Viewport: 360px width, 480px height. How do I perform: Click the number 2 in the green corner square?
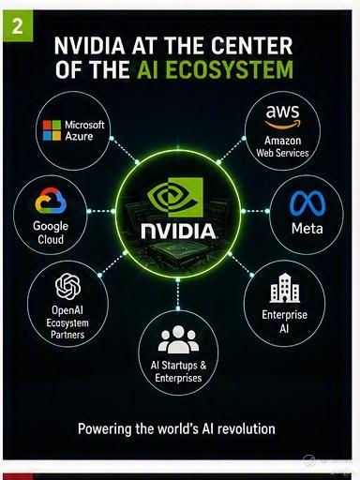point(17,26)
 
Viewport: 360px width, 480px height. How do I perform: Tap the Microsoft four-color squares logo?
point(52,130)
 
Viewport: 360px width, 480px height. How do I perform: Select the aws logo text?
point(282,112)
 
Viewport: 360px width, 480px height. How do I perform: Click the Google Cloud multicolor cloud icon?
point(51,201)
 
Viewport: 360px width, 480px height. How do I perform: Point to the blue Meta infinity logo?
point(307,203)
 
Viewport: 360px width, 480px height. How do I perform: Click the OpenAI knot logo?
point(67,286)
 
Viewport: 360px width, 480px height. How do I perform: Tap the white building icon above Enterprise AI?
point(285,288)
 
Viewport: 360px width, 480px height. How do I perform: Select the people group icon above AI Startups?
point(178,339)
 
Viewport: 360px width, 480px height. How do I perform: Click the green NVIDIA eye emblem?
point(175,197)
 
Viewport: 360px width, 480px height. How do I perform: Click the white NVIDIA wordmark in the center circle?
point(178,232)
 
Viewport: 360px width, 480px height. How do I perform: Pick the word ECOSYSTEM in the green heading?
point(230,69)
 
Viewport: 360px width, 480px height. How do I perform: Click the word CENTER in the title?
point(251,46)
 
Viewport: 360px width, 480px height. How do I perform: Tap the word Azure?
point(79,136)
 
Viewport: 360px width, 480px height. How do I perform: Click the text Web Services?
point(282,153)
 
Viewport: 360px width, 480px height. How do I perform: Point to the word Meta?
point(307,229)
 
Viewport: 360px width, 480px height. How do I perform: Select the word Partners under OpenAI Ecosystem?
point(67,335)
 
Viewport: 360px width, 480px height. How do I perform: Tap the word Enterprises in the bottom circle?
point(178,378)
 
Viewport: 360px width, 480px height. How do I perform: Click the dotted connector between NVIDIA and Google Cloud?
point(101,211)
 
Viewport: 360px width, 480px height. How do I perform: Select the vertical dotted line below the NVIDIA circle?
point(178,294)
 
